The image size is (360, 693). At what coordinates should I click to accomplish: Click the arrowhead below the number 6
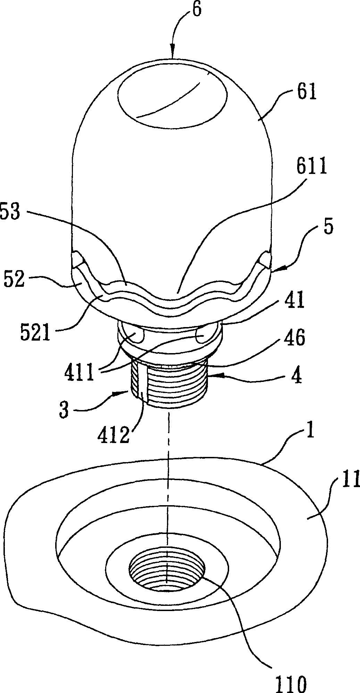[x=173, y=54]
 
